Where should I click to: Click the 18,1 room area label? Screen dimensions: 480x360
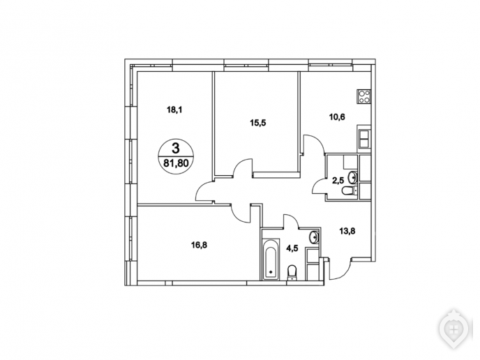tap(174, 110)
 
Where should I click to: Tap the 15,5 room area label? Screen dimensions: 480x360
tap(258, 123)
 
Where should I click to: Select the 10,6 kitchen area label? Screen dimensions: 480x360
tap(337, 117)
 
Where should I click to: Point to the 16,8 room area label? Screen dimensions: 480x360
tap(199, 245)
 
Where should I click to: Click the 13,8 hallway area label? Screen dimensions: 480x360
tap(347, 231)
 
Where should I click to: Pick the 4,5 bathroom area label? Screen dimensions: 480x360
tap(292, 248)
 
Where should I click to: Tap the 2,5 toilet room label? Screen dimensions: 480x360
tap(338, 181)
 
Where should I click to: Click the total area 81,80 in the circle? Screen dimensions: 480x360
tap(176, 163)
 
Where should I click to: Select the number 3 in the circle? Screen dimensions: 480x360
tap(176, 149)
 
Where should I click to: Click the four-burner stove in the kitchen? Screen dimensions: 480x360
tap(363, 96)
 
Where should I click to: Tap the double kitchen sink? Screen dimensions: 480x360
tap(364, 139)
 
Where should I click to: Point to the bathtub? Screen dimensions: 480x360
tap(271, 259)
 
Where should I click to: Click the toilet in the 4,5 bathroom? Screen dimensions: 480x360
tap(292, 273)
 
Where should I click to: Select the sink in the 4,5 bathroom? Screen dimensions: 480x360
tap(315, 237)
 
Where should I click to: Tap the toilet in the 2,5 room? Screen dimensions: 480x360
tap(350, 190)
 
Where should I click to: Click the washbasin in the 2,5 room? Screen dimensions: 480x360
tap(352, 177)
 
